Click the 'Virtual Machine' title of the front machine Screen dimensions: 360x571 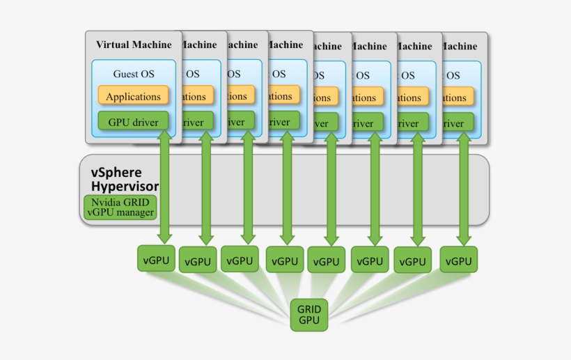pyautogui.click(x=133, y=45)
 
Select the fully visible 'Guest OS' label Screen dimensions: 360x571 pyautogui.click(x=134, y=73)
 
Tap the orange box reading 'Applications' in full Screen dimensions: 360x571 pyautogui.click(x=133, y=97)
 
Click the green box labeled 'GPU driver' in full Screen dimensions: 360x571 pyautogui.click(x=133, y=122)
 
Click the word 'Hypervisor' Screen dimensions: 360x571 pyautogui.click(x=125, y=187)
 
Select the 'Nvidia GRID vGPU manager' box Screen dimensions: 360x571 pyautogui.click(x=120, y=208)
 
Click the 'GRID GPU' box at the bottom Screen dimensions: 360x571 pyautogui.click(x=308, y=315)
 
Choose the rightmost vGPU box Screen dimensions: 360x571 pyautogui.click(x=458, y=260)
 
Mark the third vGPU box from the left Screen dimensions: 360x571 pyautogui.click(x=240, y=259)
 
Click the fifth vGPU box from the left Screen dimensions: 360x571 pyautogui.click(x=326, y=262)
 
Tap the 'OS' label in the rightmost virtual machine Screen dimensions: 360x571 pyautogui.click(x=453, y=75)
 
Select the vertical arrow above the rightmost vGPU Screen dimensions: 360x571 pyautogui.click(x=462, y=188)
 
